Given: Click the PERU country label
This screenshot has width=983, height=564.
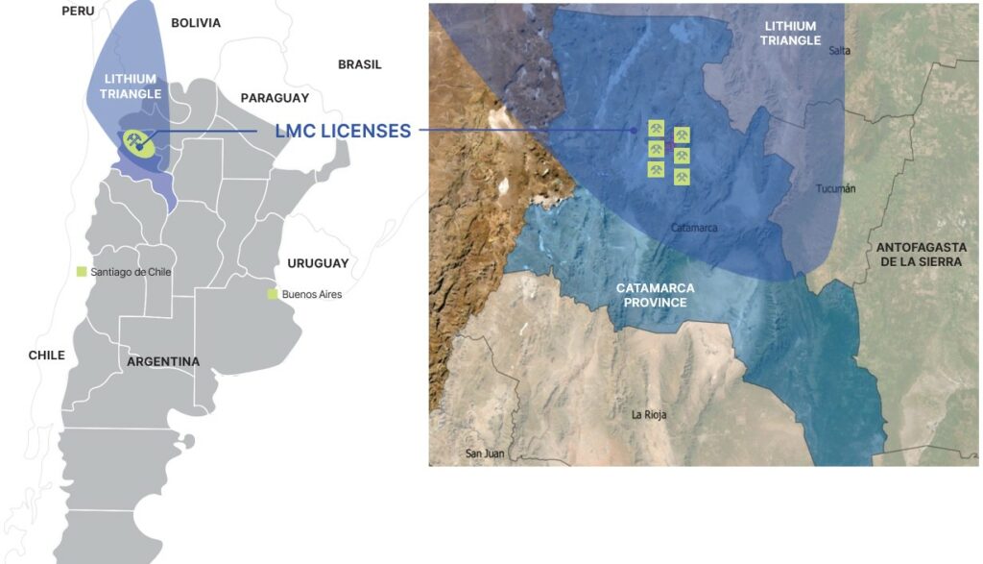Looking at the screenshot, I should pos(79,11).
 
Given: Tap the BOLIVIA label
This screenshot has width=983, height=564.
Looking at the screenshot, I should pos(196,23).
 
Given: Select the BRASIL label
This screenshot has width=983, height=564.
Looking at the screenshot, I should pos(360,64).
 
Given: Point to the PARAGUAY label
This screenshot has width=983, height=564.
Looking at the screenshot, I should pos(275,98).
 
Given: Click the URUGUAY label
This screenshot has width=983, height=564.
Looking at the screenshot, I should pos(318,263).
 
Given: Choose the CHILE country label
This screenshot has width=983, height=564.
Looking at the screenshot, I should pos(46,356).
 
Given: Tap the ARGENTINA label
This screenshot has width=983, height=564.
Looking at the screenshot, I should pos(163,362).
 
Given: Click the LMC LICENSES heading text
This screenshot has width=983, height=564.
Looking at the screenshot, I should pos(343,131).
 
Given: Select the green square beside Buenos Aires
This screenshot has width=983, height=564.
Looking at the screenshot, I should pos(274,294).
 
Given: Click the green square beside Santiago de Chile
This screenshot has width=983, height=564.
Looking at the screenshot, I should pos(82,272).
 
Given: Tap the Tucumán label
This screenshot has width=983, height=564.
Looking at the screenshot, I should pos(835,188).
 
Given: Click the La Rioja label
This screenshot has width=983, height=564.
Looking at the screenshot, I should pos(649,415).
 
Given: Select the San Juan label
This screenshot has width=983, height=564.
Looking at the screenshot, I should pos(485,454).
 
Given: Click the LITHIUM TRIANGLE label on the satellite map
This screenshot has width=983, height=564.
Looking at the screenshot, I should pos(792,34).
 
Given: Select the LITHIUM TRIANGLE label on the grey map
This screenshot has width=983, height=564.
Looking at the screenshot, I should pos(131,86).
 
